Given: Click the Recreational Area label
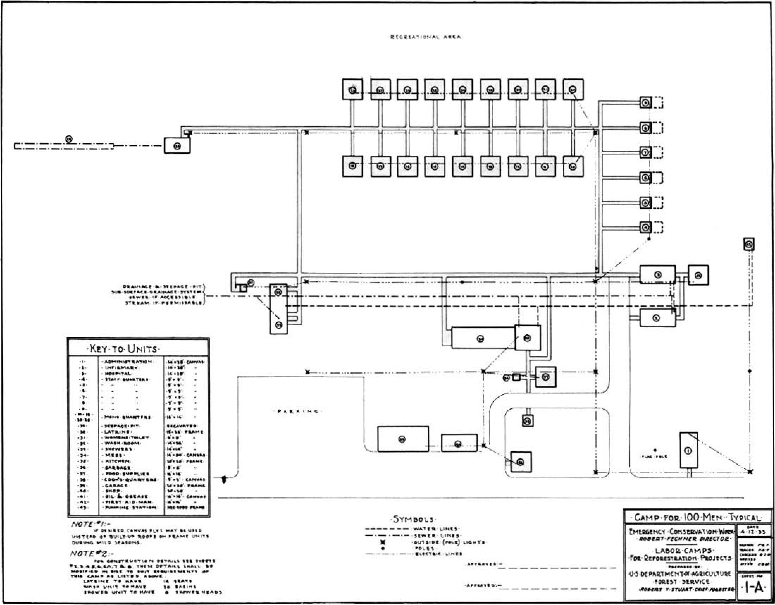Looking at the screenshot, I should (x=426, y=37).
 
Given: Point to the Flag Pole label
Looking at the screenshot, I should (x=653, y=457).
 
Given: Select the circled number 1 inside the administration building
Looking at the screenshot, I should (x=688, y=451).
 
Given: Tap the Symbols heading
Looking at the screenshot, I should (x=414, y=520).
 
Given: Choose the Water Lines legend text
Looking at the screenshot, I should (x=436, y=529).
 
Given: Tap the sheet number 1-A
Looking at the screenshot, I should (x=754, y=588).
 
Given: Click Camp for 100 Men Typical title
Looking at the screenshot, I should (x=697, y=518).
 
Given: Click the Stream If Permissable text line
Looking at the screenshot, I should (x=163, y=303).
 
